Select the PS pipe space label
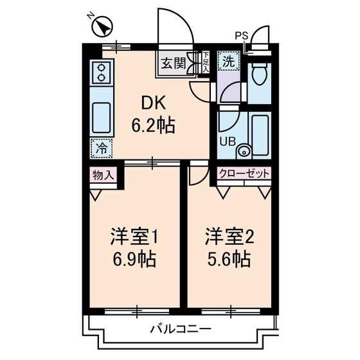(x=242, y=36)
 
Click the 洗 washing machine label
(x=228, y=62)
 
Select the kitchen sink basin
(x=102, y=118)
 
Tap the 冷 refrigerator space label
(x=101, y=147)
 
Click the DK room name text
(x=152, y=103)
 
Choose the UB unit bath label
(x=228, y=141)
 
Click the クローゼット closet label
(x=244, y=174)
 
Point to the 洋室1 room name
(x=134, y=237)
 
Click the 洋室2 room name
(x=230, y=237)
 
